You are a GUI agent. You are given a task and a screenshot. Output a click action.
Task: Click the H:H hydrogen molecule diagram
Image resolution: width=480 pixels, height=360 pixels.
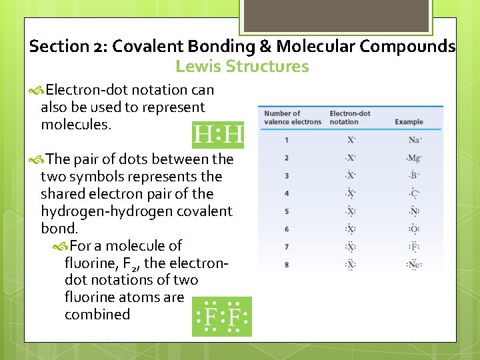click(217, 135)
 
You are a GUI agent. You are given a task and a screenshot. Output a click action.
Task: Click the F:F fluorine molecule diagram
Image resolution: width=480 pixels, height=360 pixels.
click(222, 317)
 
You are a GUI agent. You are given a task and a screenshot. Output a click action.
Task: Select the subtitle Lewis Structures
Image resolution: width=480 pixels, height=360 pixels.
click(242, 67)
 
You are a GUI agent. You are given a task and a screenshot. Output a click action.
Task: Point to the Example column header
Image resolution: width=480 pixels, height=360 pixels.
click(409, 122)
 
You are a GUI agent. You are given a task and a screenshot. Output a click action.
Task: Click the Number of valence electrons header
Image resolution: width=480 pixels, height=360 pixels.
click(292, 117)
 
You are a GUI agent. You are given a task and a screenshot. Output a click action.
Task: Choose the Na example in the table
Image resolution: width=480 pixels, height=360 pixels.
click(415, 140)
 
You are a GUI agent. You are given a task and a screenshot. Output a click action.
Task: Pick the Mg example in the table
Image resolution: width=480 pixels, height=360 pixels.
click(415, 158)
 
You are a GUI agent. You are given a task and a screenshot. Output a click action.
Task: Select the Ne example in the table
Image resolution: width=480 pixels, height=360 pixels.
click(415, 265)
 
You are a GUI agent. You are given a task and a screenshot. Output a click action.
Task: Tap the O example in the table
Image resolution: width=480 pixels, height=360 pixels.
click(414, 229)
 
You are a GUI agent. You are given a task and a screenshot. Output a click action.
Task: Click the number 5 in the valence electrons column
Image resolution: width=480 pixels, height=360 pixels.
click(287, 211)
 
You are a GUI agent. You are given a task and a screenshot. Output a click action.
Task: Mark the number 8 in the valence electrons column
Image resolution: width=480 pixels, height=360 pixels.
click(287, 265)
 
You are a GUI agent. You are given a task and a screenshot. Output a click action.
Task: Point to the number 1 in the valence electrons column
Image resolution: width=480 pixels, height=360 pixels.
click(287, 140)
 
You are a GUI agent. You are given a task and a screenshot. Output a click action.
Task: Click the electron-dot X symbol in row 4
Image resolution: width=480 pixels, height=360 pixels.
click(351, 193)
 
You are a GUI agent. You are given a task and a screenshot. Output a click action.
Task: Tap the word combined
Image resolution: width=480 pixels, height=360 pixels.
click(97, 315)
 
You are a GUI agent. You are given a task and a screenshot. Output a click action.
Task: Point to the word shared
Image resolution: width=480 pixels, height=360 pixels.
click(61, 194)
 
